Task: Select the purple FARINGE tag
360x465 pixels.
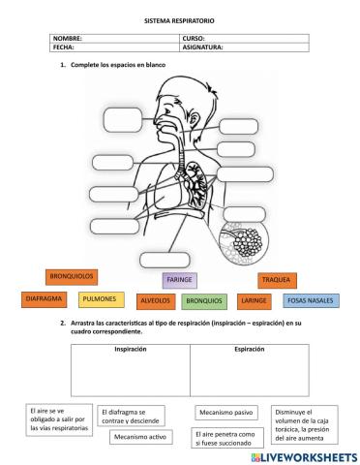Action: tap(179, 280)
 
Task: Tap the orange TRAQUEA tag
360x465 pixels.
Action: tap(276, 279)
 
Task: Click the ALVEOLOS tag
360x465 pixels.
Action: tap(155, 301)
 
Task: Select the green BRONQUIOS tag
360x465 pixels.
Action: tap(204, 301)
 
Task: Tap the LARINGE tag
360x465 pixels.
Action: tap(254, 301)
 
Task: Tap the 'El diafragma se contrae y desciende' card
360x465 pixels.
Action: tap(130, 416)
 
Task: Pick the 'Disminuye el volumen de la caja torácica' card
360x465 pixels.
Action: tap(304, 422)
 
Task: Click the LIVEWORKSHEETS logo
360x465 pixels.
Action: tap(303, 455)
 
